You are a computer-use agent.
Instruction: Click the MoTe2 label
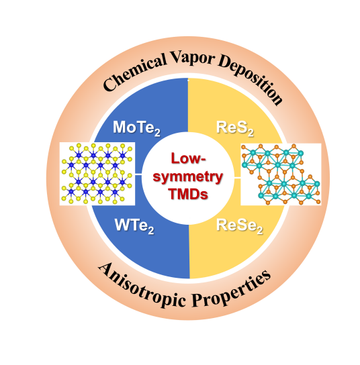click(137, 128)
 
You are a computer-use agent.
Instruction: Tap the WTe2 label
click(134, 226)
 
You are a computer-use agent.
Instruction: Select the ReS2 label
click(235, 128)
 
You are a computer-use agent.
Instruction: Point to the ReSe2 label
click(240, 226)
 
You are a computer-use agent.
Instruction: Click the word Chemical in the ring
click(135, 72)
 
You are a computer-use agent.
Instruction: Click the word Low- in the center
click(188, 158)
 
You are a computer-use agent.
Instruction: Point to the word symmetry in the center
click(188, 177)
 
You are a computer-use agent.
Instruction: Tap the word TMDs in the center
click(188, 194)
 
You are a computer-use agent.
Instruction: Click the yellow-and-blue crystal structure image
click(97, 174)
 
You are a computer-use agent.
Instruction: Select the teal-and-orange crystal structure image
click(281, 174)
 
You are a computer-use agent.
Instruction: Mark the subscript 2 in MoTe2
click(157, 133)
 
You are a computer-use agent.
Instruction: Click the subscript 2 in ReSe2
click(260, 231)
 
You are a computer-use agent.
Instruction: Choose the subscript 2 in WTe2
click(151, 231)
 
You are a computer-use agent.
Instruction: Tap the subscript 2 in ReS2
click(251, 133)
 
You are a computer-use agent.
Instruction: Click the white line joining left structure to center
click(138, 174)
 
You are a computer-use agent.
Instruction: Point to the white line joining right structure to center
click(237, 178)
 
